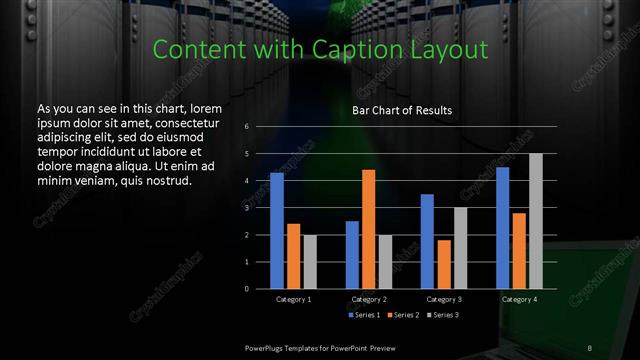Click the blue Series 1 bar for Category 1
[276, 231]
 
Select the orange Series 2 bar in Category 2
[368, 229]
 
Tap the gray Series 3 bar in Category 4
[535, 221]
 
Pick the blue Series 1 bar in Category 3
[427, 241]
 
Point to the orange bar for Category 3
[443, 264]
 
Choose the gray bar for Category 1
[309, 261]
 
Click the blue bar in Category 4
[502, 228]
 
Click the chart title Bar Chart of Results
[401, 110]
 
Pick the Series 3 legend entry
[443, 315]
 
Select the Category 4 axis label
[519, 299]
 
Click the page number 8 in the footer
[590, 345]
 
